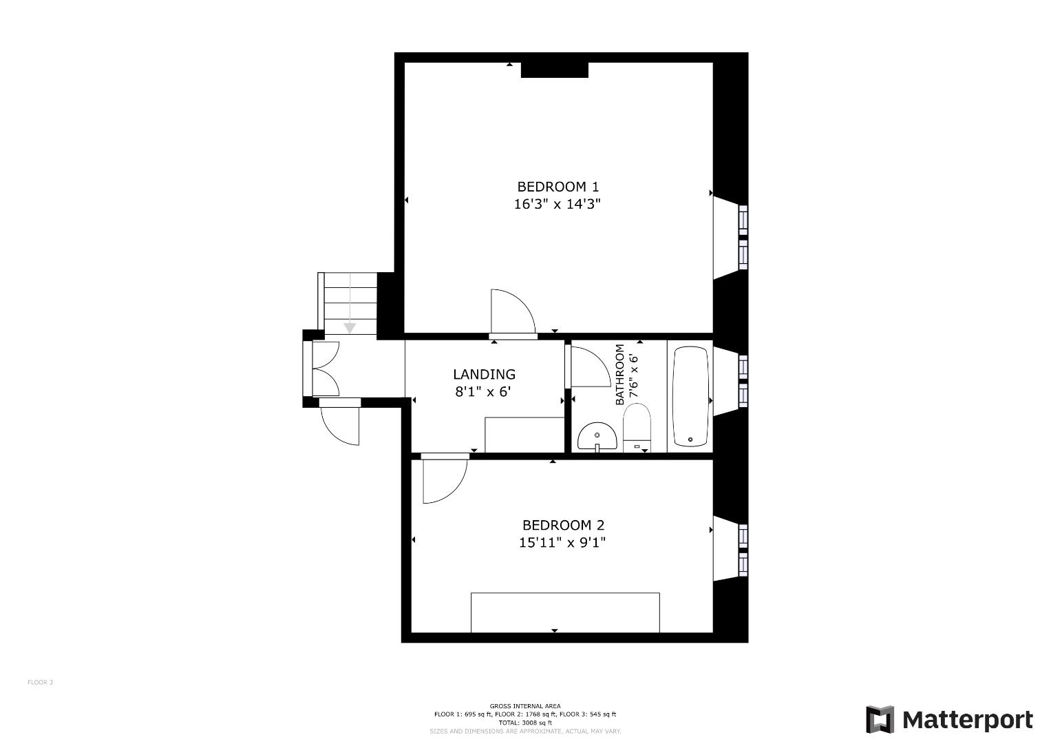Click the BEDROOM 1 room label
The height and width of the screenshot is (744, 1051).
click(558, 187)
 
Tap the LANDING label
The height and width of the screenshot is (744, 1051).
click(484, 375)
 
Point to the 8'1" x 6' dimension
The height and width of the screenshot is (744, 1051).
click(484, 392)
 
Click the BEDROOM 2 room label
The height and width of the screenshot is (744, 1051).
click(563, 525)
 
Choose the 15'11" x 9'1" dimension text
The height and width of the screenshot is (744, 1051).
click(562, 543)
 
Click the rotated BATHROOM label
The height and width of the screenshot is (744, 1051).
click(620, 375)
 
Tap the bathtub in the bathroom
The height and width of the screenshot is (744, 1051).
click(690, 397)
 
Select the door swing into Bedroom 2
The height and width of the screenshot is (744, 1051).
click(443, 480)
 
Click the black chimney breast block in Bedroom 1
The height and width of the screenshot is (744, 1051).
click(554, 70)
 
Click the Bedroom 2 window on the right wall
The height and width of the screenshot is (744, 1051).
click(743, 550)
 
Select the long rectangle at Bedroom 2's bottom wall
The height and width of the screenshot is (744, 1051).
click(565, 612)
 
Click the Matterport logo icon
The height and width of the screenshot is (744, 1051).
click(880, 720)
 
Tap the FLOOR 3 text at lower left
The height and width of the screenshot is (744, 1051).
click(40, 683)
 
